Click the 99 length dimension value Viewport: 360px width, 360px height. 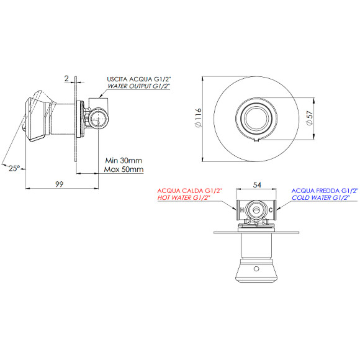(x=60, y=183)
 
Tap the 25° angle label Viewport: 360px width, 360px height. (x=15, y=167)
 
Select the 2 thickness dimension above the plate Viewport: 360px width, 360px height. (x=66, y=79)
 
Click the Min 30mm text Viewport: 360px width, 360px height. (x=124, y=160)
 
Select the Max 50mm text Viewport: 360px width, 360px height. (x=124, y=169)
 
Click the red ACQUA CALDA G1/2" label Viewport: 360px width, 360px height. (x=190, y=190)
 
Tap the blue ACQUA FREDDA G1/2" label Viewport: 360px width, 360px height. (x=325, y=190)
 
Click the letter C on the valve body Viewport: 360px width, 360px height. (x=271, y=210)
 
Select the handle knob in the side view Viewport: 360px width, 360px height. (x=35, y=117)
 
